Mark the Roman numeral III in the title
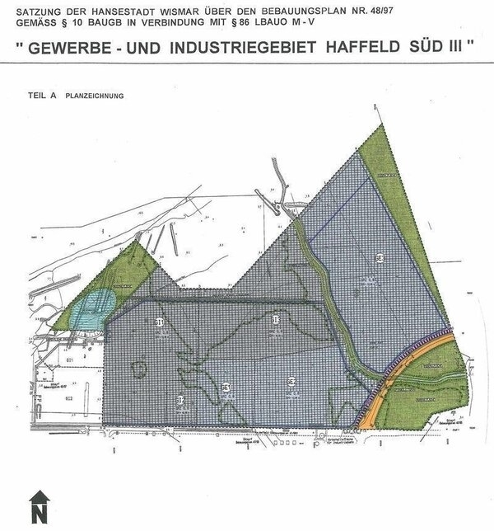pos(463,49)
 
